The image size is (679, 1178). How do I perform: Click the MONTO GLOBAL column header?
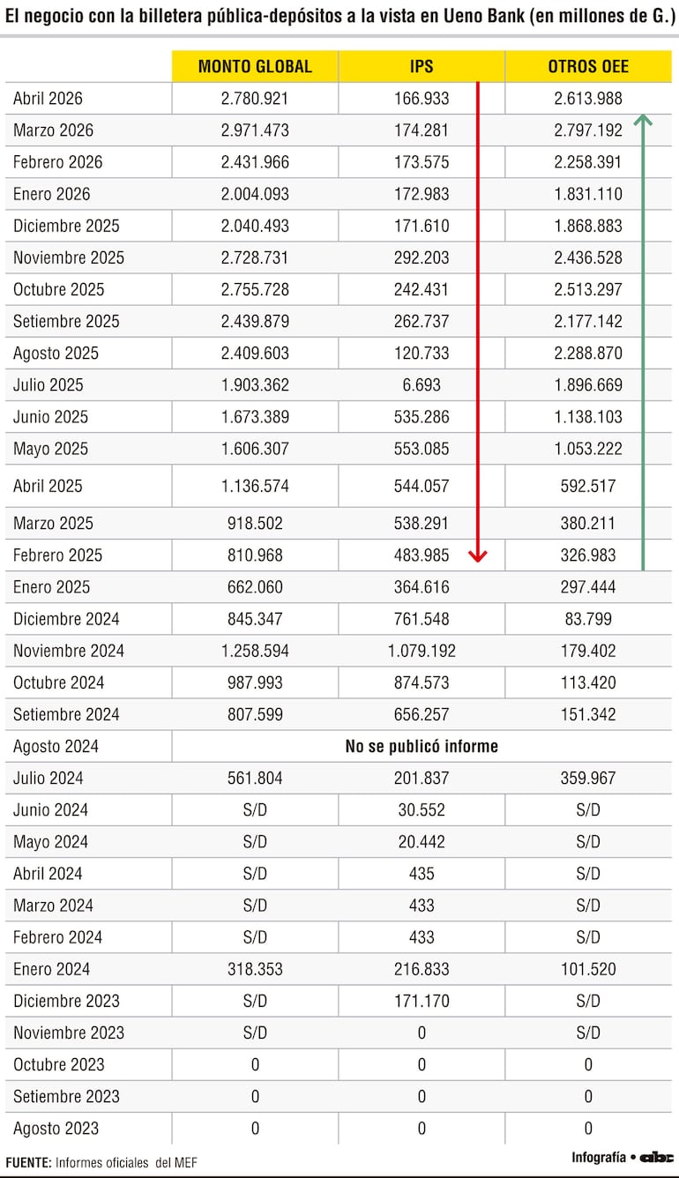[x=255, y=66]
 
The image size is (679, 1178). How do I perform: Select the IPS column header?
[x=422, y=66]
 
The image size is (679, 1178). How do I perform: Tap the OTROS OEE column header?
[x=588, y=66]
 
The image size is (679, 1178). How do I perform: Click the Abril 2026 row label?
[x=48, y=99]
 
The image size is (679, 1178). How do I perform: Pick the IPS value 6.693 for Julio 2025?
[x=422, y=385]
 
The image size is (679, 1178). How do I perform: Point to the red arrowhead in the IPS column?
[x=478, y=555]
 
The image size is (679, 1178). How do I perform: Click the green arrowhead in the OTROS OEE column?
[x=643, y=120]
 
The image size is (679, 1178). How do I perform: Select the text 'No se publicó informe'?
[x=422, y=746]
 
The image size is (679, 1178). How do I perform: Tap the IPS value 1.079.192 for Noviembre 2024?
[x=422, y=651]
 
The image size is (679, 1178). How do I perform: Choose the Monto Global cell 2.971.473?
[x=255, y=130]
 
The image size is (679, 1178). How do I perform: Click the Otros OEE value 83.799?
[x=588, y=619]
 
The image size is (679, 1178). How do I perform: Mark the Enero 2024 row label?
[x=51, y=969]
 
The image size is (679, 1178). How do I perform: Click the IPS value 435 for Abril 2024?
[x=422, y=874]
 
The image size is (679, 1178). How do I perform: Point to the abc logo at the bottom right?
[x=656, y=1158]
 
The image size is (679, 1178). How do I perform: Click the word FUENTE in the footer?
[x=28, y=1163]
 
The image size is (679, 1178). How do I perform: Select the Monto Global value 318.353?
[x=255, y=969]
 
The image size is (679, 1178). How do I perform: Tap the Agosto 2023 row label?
[x=56, y=1129]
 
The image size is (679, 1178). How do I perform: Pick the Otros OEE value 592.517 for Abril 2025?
[x=588, y=486]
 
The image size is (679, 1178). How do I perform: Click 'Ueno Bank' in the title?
[x=484, y=16]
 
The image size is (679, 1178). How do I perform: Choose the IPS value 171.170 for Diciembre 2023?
[x=422, y=1001]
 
